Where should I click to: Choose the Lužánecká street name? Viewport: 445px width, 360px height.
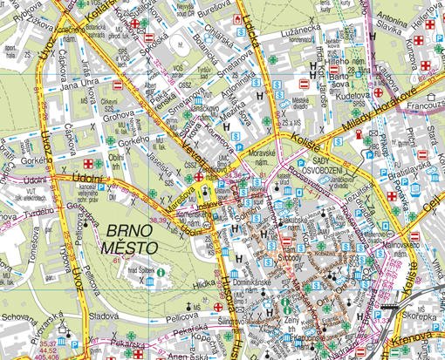tap(303, 33)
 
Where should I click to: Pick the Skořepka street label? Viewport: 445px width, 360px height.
tap(424, 319)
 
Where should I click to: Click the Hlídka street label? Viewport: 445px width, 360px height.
tap(204, 284)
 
